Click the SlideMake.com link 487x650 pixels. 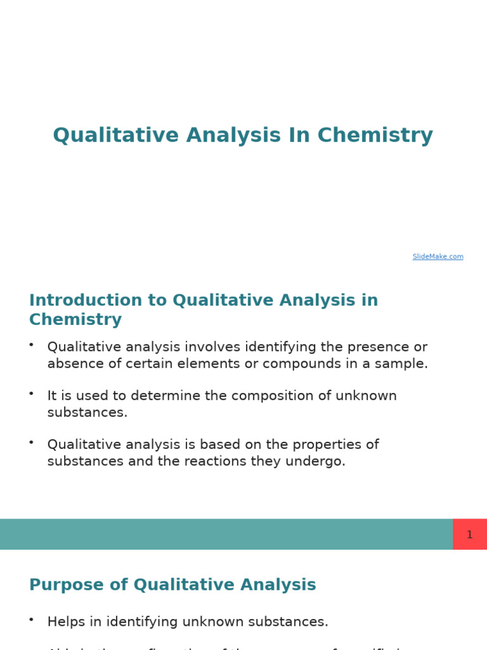[438, 256]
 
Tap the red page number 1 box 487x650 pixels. [469, 534]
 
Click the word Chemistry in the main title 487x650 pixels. [375, 135]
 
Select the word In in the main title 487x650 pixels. [299, 135]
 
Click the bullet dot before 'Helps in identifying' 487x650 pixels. [31, 619]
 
